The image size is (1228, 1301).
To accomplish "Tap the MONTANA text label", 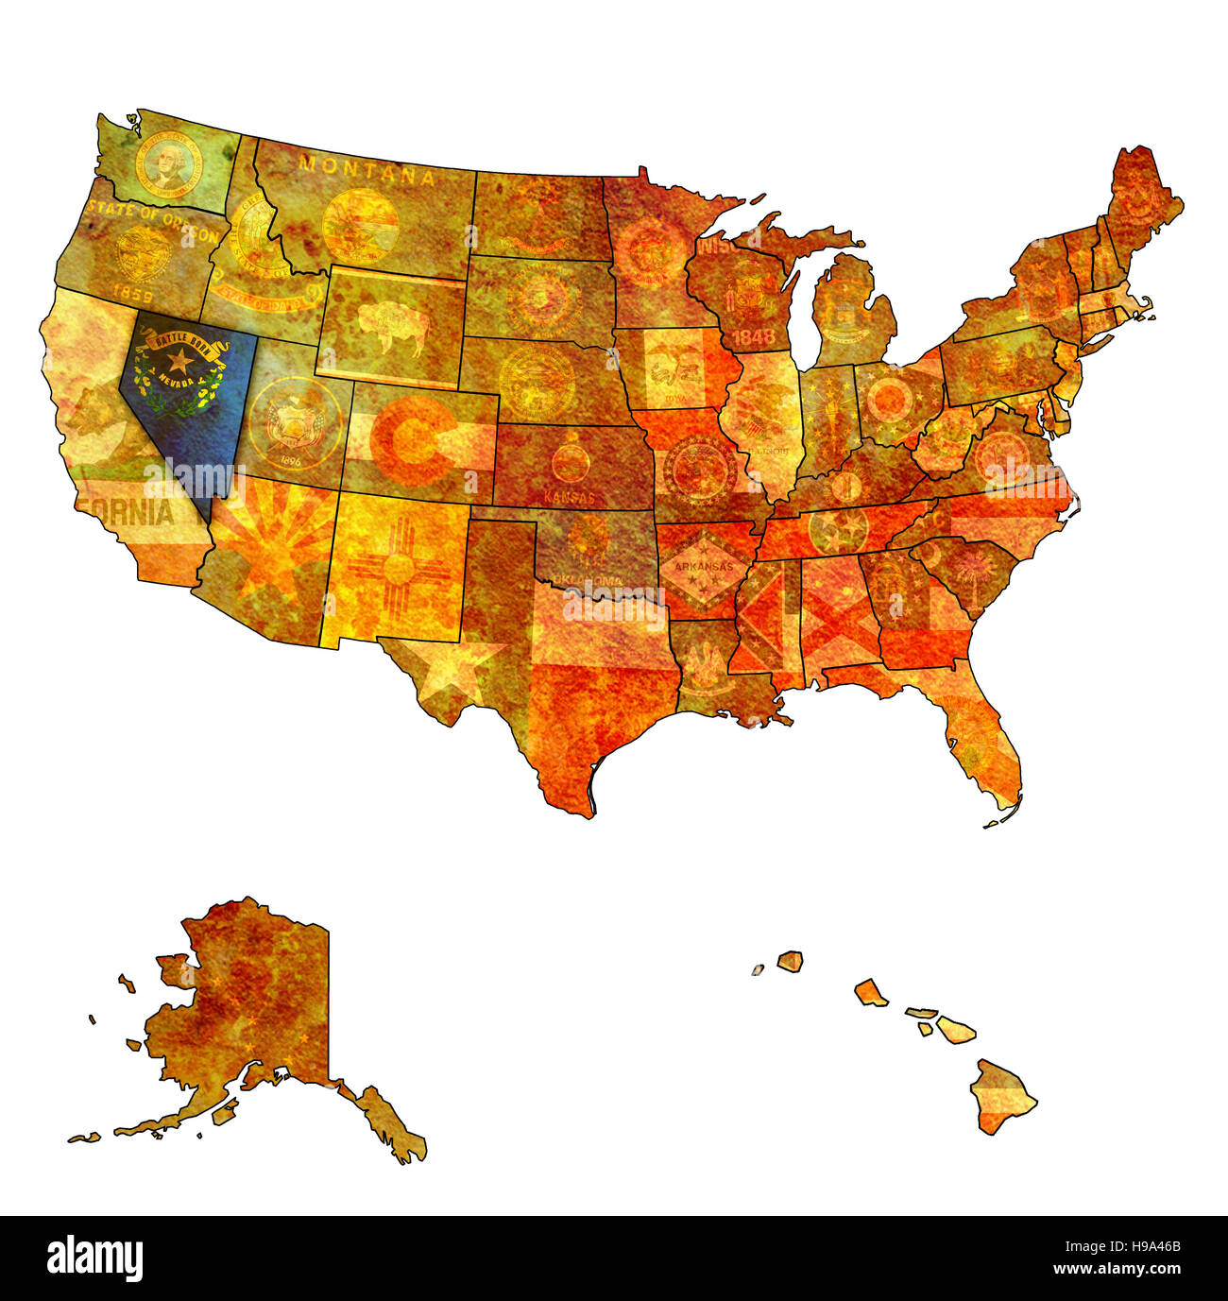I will click(367, 171).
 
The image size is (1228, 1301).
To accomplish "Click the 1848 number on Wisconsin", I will click(753, 336).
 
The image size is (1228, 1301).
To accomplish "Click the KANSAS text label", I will click(570, 497).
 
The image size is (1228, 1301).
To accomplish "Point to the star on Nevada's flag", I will click(179, 359).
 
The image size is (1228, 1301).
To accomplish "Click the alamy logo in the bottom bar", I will click(94, 1258).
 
